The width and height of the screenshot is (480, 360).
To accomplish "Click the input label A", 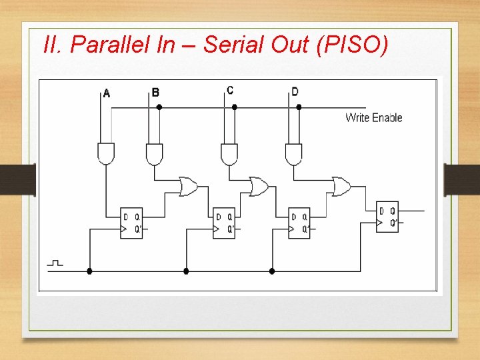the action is click(107, 93).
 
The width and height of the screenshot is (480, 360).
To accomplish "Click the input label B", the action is click(155, 92).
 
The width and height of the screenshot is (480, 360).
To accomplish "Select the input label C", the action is click(230, 90).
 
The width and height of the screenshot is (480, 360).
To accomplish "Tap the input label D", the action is click(295, 91).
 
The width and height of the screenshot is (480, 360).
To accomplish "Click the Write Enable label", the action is click(373, 118).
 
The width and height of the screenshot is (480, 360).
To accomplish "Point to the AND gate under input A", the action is click(106, 153).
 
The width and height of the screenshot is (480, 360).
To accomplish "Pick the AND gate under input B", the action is click(155, 153).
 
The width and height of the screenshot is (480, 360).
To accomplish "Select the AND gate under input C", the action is click(229, 153).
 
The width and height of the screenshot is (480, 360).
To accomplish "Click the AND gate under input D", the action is click(293, 153).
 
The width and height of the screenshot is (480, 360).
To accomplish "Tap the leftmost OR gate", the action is click(188, 187).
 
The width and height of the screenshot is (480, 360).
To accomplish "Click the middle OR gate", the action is click(258, 187).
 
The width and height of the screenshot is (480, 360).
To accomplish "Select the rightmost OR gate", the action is click(341, 187).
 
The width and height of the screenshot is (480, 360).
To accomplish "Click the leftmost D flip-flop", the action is click(132, 223).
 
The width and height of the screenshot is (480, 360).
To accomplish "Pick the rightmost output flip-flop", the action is click(387, 217).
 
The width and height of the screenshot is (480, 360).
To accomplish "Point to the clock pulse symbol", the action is click(55, 263).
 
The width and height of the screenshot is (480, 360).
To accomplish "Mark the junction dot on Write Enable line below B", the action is click(159, 107).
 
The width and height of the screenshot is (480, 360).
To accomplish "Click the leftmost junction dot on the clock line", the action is click(89, 271).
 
